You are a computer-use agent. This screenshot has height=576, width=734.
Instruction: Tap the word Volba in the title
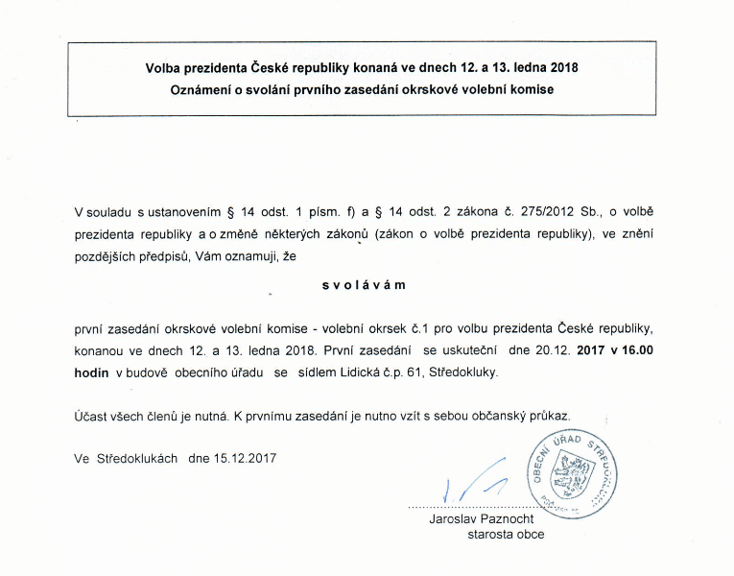point(165,68)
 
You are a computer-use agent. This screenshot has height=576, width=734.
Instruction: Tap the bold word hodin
point(91,372)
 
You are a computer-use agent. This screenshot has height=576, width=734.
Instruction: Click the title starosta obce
point(505,535)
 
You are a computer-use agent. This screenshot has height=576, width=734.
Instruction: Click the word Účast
point(91,417)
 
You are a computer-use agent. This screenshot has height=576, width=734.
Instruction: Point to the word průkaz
point(549,417)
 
